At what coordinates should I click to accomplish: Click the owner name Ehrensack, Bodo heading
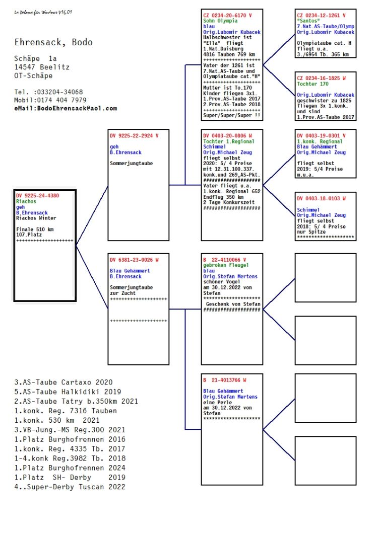(x=53, y=42)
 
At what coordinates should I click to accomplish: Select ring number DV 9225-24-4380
(x=37, y=195)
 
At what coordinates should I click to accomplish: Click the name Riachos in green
(x=26, y=201)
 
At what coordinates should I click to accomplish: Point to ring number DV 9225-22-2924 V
(x=134, y=136)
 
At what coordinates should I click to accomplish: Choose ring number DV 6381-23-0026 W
(x=134, y=260)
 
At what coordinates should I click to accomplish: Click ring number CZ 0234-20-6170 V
(x=227, y=16)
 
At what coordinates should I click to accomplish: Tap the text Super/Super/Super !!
(x=232, y=115)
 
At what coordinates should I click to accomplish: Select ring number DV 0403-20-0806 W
(x=227, y=136)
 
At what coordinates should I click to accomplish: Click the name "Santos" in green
(x=308, y=21)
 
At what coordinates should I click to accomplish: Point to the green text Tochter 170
(x=312, y=84)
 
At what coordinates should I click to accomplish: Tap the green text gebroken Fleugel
(x=226, y=265)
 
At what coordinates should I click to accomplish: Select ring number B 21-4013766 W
(x=225, y=380)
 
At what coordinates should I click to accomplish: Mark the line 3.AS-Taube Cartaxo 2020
(x=64, y=383)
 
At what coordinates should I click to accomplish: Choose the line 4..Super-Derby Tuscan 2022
(x=70, y=487)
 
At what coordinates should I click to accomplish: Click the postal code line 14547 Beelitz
(x=42, y=67)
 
